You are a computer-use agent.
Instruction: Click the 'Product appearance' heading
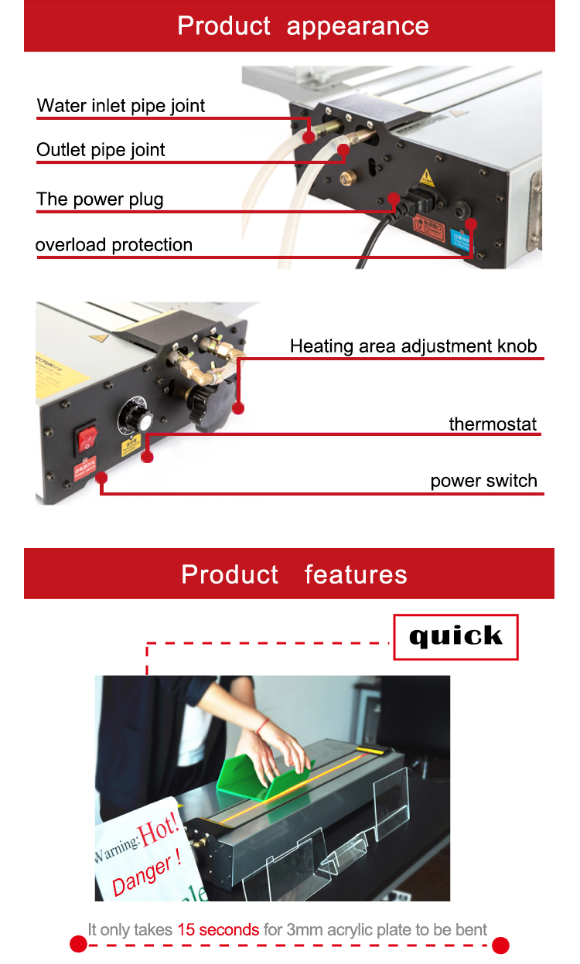point(303,26)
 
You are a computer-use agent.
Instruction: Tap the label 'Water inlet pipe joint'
point(121,106)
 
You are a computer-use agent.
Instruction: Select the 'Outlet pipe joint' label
point(101,150)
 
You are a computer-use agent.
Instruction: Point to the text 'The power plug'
point(100,199)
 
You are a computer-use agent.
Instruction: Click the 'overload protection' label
point(114,245)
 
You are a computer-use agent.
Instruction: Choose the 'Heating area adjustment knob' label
point(413,346)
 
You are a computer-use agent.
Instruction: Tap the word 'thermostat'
point(493,424)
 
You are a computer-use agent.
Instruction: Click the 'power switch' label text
point(483,481)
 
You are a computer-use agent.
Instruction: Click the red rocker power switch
point(87,438)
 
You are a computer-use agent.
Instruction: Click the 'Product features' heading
point(294,574)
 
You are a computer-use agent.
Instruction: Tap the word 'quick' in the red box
point(455,636)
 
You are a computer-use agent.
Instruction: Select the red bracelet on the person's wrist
point(264,725)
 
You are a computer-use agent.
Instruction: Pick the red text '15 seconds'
point(218,929)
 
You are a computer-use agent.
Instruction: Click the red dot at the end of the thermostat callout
point(148,457)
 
